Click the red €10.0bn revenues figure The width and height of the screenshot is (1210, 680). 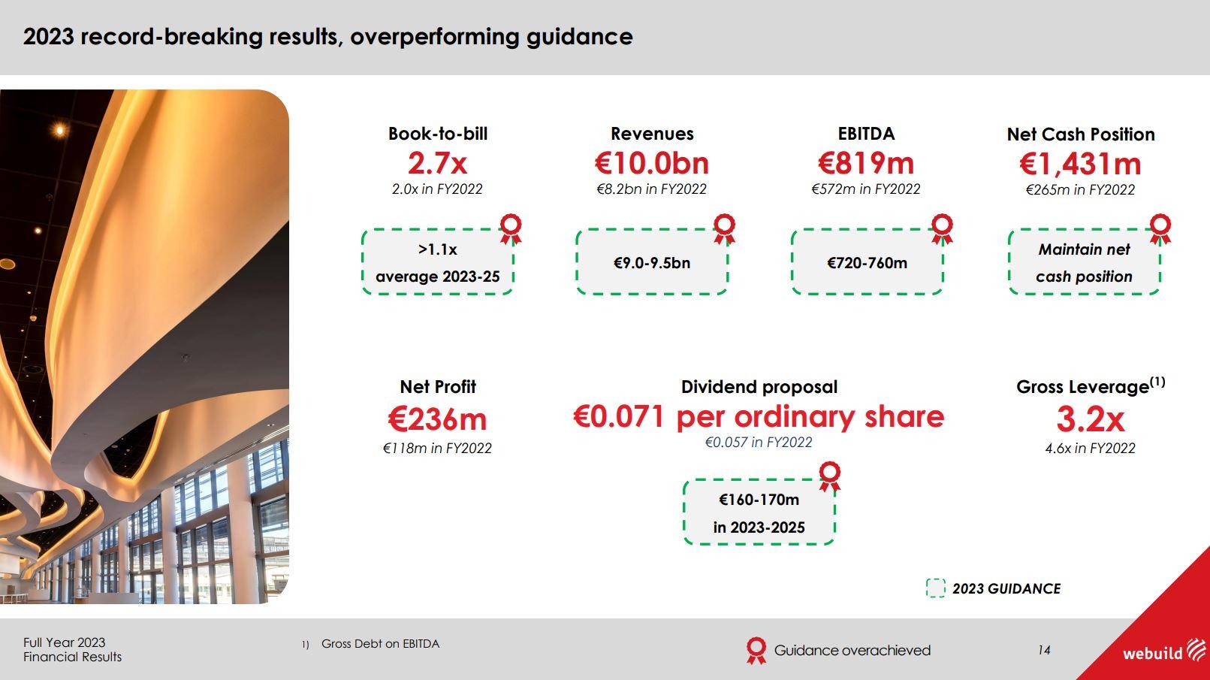click(x=652, y=163)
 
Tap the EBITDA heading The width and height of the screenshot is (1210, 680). click(x=866, y=134)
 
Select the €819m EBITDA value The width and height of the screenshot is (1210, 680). click(x=866, y=163)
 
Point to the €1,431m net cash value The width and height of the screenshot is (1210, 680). click(x=1080, y=165)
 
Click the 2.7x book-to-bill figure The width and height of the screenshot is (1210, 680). click(x=438, y=163)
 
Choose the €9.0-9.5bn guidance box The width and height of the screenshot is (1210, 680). click(x=652, y=262)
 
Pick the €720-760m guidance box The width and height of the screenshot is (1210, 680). click(x=867, y=262)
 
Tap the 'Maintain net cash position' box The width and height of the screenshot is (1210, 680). click(x=1084, y=262)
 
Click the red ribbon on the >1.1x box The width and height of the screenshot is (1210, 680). click(x=511, y=228)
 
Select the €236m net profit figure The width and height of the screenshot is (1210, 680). click(x=438, y=419)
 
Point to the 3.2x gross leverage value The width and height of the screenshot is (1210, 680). click(x=1090, y=419)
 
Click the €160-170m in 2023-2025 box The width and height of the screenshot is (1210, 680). click(x=759, y=512)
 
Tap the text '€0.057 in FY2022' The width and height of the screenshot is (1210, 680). click(x=759, y=442)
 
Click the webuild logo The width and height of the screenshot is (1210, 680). click(x=1164, y=651)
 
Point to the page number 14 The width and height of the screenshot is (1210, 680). click(x=1044, y=650)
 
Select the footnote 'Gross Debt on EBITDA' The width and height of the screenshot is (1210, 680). click(x=380, y=644)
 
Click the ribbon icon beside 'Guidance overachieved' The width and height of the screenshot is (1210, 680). click(x=756, y=650)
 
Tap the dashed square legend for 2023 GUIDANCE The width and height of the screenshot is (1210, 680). click(x=936, y=588)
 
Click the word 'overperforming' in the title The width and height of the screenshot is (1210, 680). click(x=434, y=38)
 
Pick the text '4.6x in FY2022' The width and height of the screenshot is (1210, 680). click(x=1090, y=448)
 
